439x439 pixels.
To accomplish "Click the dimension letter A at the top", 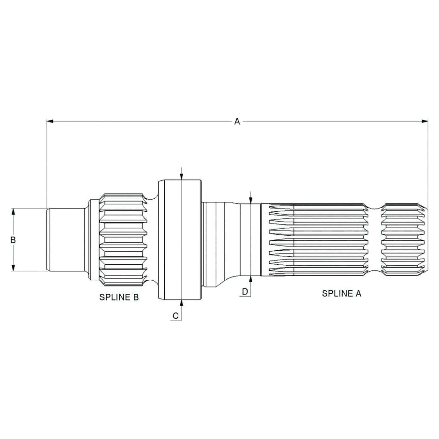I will coord(237,121).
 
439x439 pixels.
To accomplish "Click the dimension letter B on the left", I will coord(13,240).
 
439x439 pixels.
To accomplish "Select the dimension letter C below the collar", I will coord(176,316).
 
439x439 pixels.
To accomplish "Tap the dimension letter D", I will coord(245,292).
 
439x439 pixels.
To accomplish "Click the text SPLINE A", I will coord(341,293).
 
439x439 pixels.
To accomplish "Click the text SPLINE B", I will coord(119,297).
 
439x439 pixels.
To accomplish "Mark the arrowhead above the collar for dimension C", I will coord(181,176).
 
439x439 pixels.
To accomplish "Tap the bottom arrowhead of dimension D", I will coord(251,279).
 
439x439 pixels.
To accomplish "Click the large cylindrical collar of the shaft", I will coord(179,240).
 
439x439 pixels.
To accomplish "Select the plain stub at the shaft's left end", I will coord(65,240).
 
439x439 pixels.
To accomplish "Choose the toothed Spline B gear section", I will coord(123,240).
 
